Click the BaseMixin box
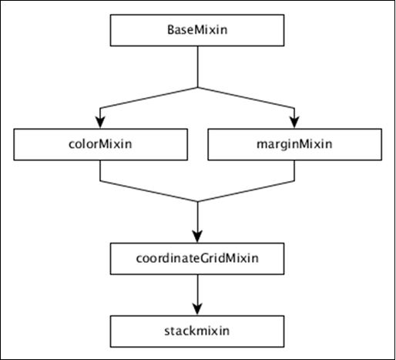click(199, 31)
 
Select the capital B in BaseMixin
click(171, 31)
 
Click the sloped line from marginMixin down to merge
click(247, 192)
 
